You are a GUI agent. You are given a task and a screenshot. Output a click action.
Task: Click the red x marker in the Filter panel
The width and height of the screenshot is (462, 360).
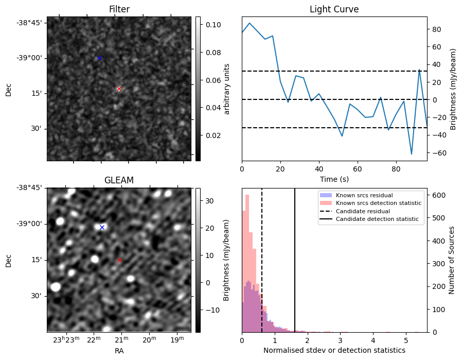point(119,89)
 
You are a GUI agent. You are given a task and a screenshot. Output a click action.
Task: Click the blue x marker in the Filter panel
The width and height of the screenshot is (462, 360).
point(99,58)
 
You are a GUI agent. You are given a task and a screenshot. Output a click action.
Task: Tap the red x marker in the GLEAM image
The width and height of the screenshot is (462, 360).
point(119,261)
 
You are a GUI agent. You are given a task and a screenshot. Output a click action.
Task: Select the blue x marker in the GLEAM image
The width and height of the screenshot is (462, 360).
point(102,227)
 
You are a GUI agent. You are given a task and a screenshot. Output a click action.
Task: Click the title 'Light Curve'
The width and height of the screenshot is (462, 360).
point(334,9)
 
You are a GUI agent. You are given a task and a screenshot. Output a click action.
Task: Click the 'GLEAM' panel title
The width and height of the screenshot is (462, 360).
point(119,180)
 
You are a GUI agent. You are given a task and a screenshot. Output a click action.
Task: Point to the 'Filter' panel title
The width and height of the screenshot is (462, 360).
point(119,9)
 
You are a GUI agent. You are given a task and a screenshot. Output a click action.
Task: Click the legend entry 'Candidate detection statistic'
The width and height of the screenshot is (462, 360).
point(377,219)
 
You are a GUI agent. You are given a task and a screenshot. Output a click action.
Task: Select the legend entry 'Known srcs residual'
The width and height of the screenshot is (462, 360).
point(364,195)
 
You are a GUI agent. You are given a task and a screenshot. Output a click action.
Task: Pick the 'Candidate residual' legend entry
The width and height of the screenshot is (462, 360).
point(363,211)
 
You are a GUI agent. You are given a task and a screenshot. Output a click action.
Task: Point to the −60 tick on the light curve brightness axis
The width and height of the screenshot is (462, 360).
point(437,153)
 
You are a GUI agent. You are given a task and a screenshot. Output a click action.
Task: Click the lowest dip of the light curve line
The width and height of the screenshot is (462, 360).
point(411,154)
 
